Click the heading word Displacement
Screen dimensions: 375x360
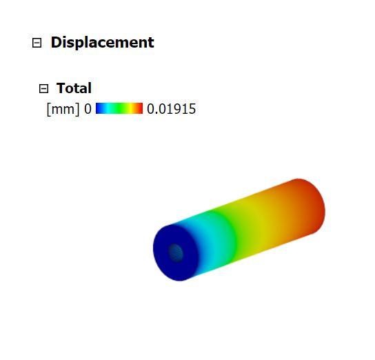point(102,43)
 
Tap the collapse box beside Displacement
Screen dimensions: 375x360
point(37,43)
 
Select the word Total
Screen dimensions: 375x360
point(74,88)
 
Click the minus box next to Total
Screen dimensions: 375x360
point(43,88)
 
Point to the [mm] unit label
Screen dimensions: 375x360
point(63,109)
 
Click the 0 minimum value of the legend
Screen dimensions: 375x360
point(88,109)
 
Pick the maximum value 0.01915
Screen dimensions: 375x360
point(171,109)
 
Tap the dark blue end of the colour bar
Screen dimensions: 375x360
point(99,108)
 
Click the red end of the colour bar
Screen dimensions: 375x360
point(140,108)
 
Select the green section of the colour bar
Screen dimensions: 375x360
point(119,108)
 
